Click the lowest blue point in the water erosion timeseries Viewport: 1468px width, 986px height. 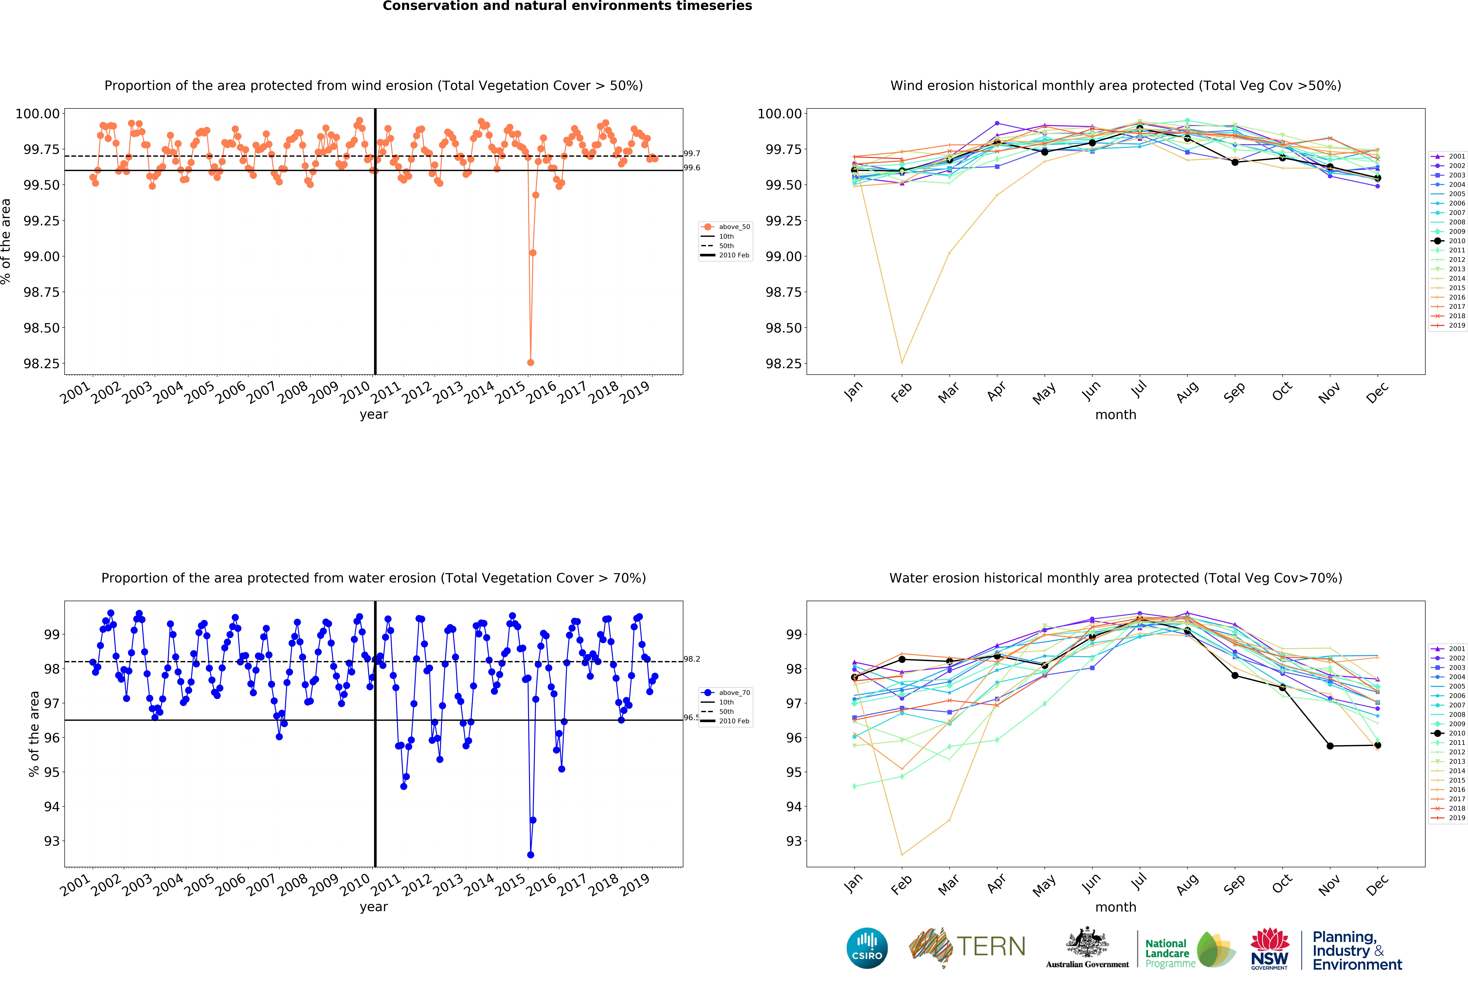530,855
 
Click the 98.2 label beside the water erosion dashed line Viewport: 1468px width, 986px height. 692,659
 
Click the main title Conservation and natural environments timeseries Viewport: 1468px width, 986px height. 567,6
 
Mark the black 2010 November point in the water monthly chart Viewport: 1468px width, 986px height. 1330,746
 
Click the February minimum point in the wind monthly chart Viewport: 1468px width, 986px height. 902,362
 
